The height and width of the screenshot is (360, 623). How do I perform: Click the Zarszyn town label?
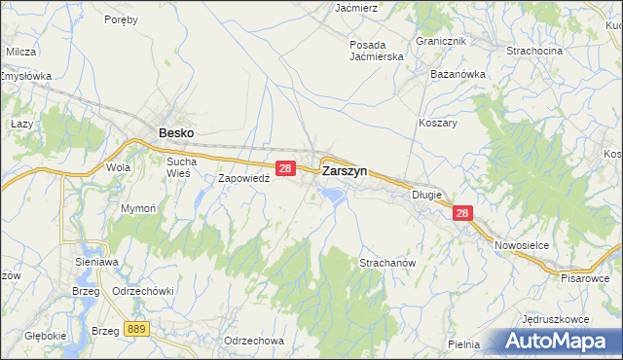pyautogui.click(x=344, y=170)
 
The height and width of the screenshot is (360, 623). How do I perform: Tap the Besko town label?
pyautogui.click(x=175, y=133)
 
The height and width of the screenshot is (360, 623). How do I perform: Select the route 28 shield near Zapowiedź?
pyautogui.click(x=285, y=168)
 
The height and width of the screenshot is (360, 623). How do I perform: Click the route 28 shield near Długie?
pyautogui.click(x=462, y=214)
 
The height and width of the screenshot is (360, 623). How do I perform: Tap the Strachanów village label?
pyautogui.click(x=387, y=264)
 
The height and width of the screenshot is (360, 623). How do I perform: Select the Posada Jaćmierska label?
pyautogui.click(x=381, y=51)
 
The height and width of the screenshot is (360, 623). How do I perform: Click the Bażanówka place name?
pyautogui.click(x=457, y=73)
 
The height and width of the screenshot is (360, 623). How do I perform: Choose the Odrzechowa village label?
pyautogui.click(x=253, y=341)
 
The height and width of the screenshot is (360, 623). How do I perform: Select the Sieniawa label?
pyautogui.click(x=96, y=262)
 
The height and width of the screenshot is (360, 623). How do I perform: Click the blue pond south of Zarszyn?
pyautogui.click(x=332, y=197)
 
